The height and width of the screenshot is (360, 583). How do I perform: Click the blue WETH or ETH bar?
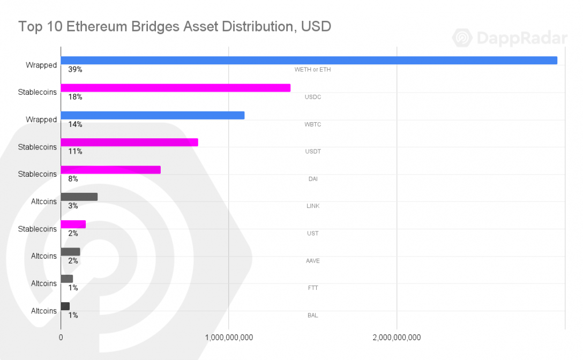coord(309,60)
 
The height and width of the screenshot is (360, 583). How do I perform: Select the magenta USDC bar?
coord(176,88)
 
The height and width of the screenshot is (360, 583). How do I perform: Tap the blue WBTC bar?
coord(153,115)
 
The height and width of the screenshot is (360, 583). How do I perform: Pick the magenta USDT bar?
coord(129,142)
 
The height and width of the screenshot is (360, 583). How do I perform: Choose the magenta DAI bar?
coord(111,170)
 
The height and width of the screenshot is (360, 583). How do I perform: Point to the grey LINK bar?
coord(79,197)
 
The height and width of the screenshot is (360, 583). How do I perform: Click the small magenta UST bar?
coord(73,224)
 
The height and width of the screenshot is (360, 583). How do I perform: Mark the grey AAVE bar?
coord(71,252)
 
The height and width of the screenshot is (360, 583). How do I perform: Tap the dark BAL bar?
coord(65,306)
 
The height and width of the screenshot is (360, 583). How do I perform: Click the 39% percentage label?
coord(75,70)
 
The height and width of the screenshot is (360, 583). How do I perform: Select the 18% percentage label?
coord(75,97)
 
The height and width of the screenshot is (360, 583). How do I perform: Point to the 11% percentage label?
coord(75,152)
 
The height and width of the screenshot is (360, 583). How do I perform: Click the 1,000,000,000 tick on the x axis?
coord(229,337)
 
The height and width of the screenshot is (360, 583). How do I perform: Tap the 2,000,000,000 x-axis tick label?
coord(397,337)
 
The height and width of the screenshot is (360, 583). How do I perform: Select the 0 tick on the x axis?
coord(61,337)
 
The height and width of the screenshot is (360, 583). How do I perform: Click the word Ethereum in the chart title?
coord(96,27)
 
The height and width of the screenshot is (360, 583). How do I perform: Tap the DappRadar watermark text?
coord(522,38)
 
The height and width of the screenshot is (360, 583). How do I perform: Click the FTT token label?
coord(313,288)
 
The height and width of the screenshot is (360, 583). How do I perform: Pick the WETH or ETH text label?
coord(313,70)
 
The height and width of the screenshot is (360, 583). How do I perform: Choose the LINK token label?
coord(313,206)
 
